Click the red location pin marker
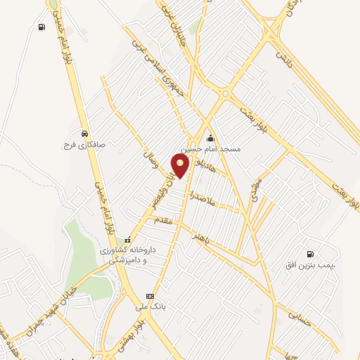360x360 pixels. click(x=181, y=166)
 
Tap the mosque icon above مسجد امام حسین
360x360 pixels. click(x=210, y=139)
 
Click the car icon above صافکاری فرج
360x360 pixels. click(x=84, y=134)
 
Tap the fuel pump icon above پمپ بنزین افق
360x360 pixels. click(x=310, y=254)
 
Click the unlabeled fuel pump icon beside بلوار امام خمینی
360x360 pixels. click(x=42, y=27)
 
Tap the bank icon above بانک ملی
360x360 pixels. click(x=150, y=296)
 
